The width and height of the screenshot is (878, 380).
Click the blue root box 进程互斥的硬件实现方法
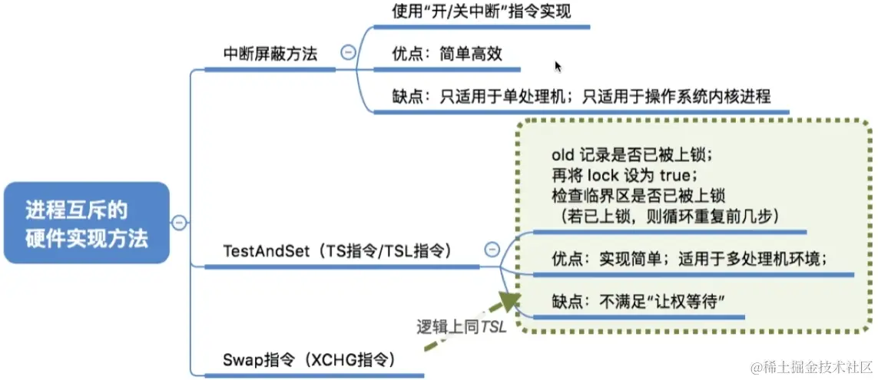tap(86, 223)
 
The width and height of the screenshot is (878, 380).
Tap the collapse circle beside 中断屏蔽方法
tap(348, 52)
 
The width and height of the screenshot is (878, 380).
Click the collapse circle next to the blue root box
tap(179, 223)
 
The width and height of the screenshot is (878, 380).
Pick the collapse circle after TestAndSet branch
tap(492, 249)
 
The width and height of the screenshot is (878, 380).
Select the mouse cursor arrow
tap(558, 67)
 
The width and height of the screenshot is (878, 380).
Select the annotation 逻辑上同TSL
tap(456, 326)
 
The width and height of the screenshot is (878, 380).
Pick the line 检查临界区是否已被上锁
tap(638, 195)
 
